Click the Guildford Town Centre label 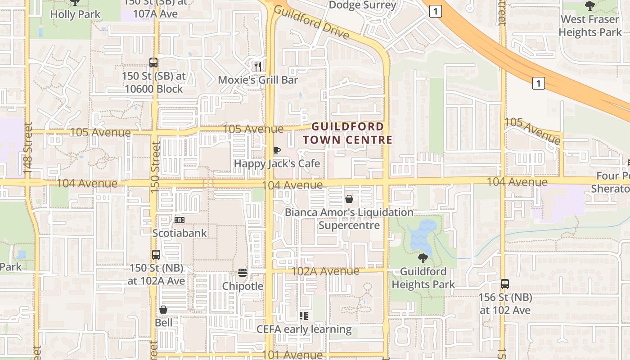coord(348,133)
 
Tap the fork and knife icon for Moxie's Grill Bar coord(258,67)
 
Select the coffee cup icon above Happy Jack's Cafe coord(277,150)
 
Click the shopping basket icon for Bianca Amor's coord(349,198)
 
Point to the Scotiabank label coord(180,233)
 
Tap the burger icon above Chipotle coord(243,273)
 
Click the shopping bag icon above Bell coord(163,310)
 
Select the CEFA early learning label coord(304,329)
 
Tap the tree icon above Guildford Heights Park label coord(423,258)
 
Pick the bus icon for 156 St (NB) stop coord(505,284)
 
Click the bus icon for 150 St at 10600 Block coord(153,63)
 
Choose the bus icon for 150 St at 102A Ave coord(156,255)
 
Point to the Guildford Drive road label coord(311,22)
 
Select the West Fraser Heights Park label coord(590,26)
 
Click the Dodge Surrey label coord(363,5)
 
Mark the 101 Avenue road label coord(292,355)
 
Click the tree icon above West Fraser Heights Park coord(590,6)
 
